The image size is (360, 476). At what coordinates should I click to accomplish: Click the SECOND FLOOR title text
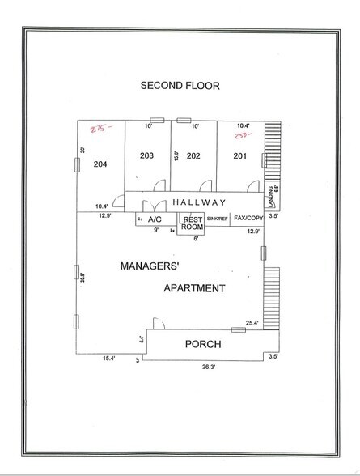179,85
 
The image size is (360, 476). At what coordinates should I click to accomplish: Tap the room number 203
146,155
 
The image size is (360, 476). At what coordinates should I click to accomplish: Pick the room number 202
193,155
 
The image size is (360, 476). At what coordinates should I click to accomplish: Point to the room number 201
238,155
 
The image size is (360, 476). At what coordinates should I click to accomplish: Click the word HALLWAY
198,202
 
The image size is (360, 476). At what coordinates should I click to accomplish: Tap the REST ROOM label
192,223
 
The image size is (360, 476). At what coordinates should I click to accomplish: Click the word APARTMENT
194,287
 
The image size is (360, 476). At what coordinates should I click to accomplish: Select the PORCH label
202,344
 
